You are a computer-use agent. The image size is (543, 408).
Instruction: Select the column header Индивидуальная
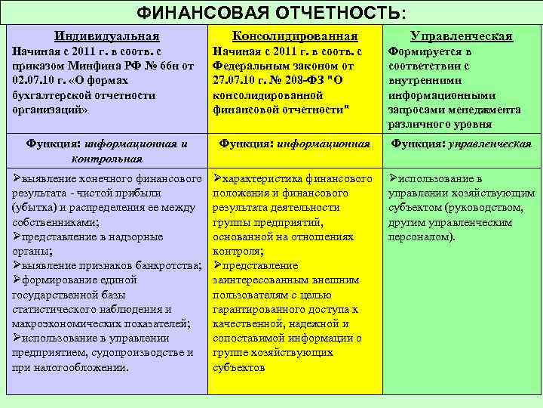click(107, 36)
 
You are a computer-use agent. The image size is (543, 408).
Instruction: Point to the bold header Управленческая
click(461, 36)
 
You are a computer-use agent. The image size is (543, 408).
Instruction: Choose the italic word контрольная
click(107, 158)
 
